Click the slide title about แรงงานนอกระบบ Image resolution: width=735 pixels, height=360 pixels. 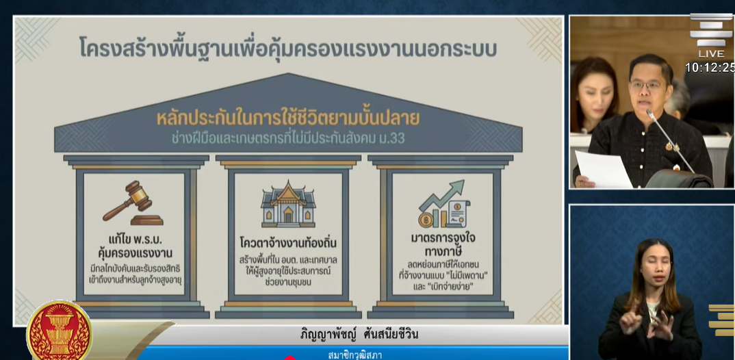[x=288, y=48]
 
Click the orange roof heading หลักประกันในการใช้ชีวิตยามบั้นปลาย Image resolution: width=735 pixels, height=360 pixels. [x=288, y=119]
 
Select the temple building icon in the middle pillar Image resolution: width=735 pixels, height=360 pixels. [x=288, y=205]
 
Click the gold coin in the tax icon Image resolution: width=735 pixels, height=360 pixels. [x=426, y=220]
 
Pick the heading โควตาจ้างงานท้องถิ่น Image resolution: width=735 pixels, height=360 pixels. [x=288, y=244]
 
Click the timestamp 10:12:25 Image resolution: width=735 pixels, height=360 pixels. [x=710, y=68]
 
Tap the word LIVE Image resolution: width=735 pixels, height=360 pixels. [x=711, y=54]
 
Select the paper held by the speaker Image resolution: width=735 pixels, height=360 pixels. [x=604, y=169]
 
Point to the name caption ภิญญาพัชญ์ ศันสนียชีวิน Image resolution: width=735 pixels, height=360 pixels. [x=359, y=334]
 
